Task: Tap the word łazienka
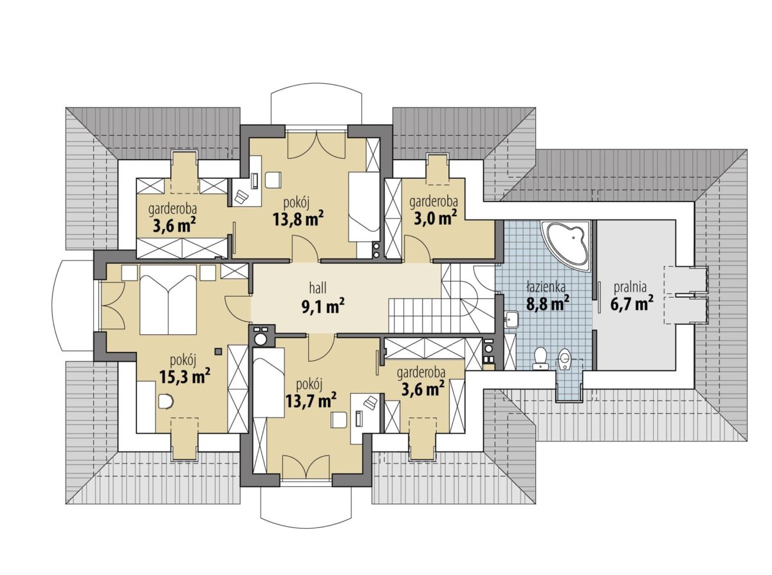[x=546, y=287]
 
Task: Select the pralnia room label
[x=630, y=287]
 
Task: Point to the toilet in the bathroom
[x=540, y=357]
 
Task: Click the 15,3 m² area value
[x=185, y=377]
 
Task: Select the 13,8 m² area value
[x=298, y=219]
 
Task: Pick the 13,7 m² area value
[x=311, y=400]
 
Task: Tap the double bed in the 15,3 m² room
[x=168, y=300]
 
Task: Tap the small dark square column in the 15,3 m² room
[x=218, y=351]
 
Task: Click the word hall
[x=318, y=288]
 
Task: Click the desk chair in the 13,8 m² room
[x=273, y=180]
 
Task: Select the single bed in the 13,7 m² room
[x=268, y=383]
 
